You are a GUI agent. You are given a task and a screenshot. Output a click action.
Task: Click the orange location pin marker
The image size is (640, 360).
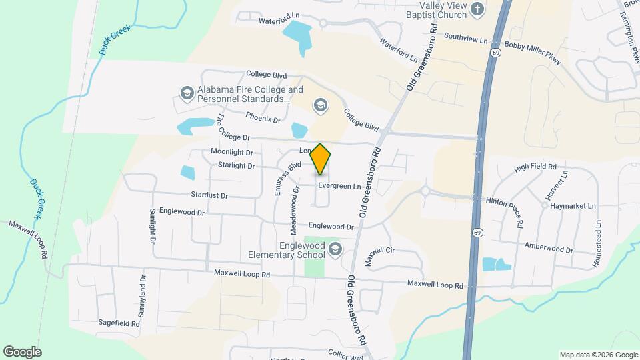point(321,159)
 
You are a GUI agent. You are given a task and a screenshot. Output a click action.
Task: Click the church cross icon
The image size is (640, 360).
point(477,9)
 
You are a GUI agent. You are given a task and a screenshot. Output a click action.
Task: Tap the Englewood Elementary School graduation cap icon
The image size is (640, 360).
point(335,250)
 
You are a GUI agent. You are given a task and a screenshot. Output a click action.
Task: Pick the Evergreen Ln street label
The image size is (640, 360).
point(339,187)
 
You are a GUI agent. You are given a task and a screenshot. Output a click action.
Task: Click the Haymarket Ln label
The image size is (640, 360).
point(575,206)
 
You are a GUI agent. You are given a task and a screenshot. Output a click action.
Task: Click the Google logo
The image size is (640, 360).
point(22,351)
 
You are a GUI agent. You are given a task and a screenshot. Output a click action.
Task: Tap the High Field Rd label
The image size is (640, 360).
point(535,167)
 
